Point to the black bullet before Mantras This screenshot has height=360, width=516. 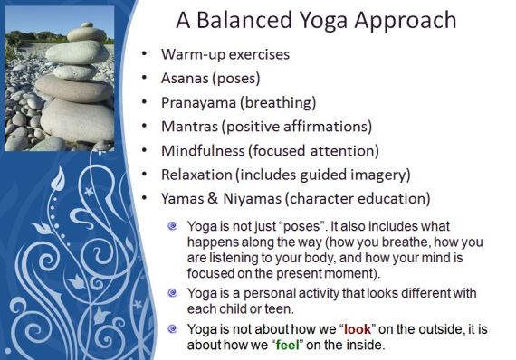(x=145, y=127)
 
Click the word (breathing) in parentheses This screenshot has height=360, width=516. (x=280, y=102)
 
